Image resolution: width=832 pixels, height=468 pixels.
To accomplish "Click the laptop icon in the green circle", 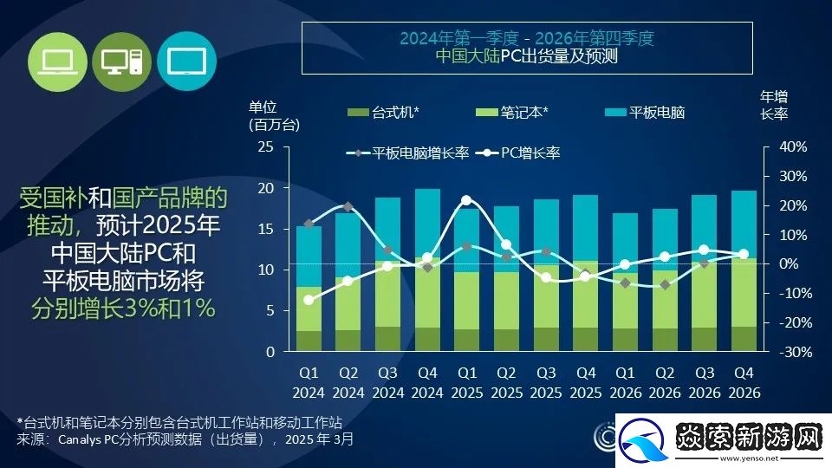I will tap(59, 61).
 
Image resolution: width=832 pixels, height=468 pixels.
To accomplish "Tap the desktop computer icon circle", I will tap(120, 61).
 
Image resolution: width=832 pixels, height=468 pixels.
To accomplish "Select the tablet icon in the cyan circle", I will tap(185, 61).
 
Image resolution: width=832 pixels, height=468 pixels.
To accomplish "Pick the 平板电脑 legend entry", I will tap(645, 113).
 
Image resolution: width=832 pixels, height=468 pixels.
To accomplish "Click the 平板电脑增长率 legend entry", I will tap(408, 153).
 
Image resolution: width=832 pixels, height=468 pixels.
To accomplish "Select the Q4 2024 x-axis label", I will tap(427, 382).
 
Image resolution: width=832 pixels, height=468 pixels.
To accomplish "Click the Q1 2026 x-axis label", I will tap(624, 382).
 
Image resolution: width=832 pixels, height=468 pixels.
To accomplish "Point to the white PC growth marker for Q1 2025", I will tap(466, 200).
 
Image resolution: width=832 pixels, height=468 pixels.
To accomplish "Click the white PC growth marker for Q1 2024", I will tap(309, 300).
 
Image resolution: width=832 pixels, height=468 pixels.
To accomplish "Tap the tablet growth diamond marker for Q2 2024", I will tap(348, 207).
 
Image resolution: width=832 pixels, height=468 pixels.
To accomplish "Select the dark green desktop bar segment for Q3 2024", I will tap(387, 339).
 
